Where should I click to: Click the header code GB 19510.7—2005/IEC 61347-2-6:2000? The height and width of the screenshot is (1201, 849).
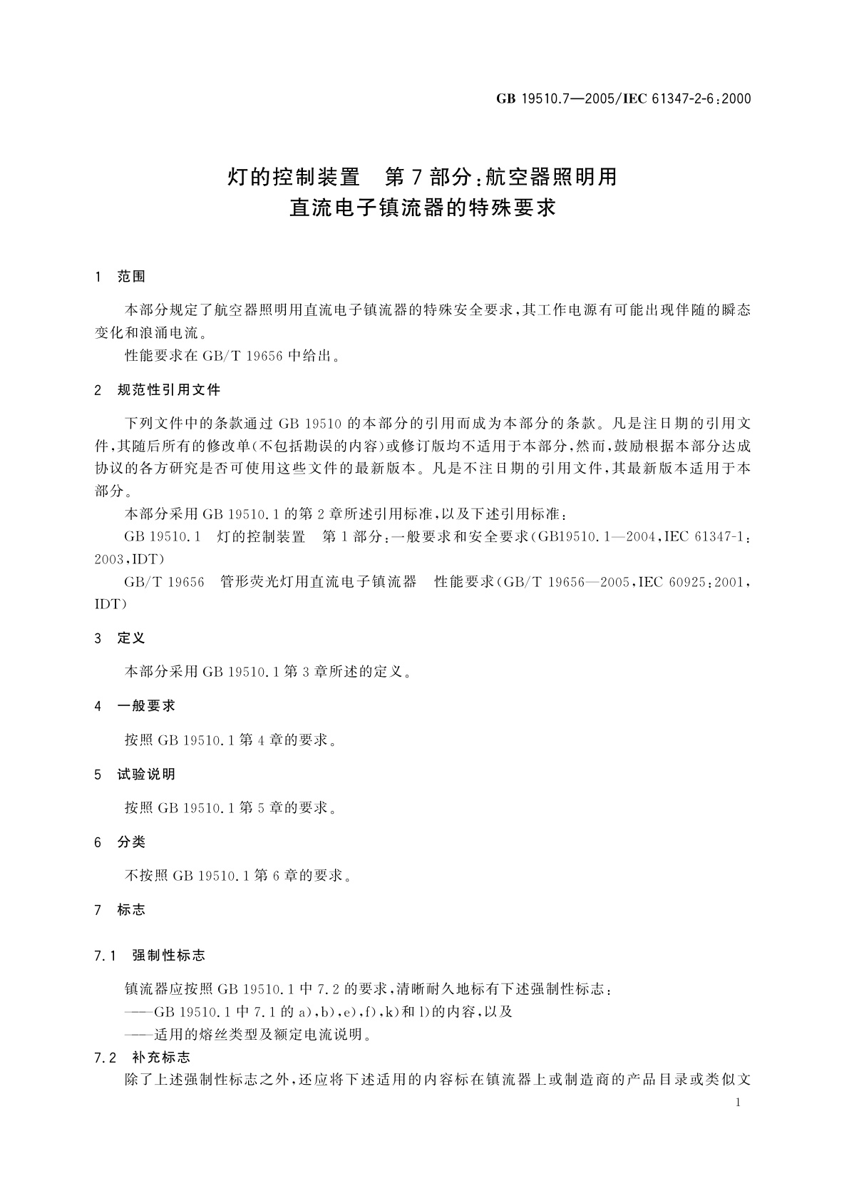point(623,99)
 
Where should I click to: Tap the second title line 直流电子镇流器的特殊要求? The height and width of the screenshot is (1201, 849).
point(422,208)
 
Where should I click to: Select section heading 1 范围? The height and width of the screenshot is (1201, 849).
point(120,277)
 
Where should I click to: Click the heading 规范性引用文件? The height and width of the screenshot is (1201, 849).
point(168,390)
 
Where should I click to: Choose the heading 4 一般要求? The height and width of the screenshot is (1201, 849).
point(135,706)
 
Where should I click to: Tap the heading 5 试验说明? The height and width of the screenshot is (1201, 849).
point(135,774)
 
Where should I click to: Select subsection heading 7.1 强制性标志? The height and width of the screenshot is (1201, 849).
point(150,956)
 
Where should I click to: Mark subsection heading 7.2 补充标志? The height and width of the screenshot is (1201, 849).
point(143,1057)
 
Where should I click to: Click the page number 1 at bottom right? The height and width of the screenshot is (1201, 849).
point(738,1103)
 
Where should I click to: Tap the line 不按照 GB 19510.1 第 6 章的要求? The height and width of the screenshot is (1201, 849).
point(238,876)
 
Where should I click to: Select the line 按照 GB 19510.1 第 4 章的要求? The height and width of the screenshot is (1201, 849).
point(230,740)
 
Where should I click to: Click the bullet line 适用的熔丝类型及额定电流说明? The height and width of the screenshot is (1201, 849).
point(248,1034)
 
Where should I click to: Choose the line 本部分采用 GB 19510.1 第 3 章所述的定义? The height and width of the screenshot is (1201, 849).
point(268,672)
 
